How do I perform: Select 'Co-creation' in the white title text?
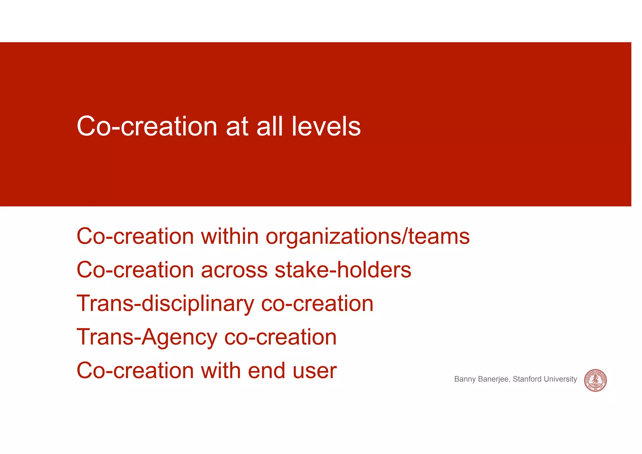click(x=147, y=126)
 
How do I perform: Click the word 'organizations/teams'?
click(x=367, y=237)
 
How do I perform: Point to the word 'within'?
click(x=230, y=236)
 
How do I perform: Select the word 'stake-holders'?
click(x=343, y=270)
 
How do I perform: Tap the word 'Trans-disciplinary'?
click(x=165, y=304)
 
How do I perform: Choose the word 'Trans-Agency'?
click(x=147, y=338)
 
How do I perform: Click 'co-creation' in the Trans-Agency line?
click(x=280, y=338)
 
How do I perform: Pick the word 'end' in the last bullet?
click(x=266, y=371)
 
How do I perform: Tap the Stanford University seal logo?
click(x=595, y=380)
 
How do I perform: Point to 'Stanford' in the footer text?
click(x=527, y=379)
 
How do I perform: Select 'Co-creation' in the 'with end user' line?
click(x=135, y=371)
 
